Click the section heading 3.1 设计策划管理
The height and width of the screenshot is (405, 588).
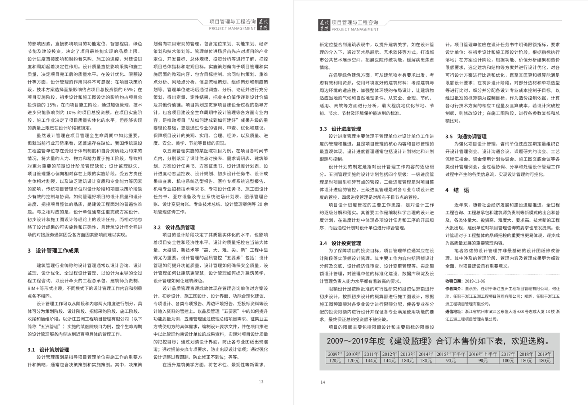point(48,350)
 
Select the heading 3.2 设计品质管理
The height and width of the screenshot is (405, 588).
point(174,228)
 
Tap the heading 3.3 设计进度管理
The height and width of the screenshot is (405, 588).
point(340,129)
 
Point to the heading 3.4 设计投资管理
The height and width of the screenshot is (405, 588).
point(340,243)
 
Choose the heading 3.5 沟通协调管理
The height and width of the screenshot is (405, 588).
point(466,136)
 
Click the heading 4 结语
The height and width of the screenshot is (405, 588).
point(457,190)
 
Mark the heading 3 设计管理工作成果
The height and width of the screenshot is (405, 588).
point(53,251)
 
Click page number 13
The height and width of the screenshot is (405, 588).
point(261,382)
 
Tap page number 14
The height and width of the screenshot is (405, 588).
point(322,382)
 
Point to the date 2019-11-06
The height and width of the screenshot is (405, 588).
point(475,281)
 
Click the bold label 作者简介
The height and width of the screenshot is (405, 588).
point(454,288)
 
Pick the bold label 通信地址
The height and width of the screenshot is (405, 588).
point(454,311)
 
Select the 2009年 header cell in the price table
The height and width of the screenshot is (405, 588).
point(335,354)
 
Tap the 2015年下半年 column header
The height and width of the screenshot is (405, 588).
point(451,354)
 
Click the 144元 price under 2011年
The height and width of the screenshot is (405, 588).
point(371,360)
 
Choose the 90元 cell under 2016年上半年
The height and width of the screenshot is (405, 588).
point(483,360)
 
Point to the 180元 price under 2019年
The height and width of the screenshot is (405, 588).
point(544,360)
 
